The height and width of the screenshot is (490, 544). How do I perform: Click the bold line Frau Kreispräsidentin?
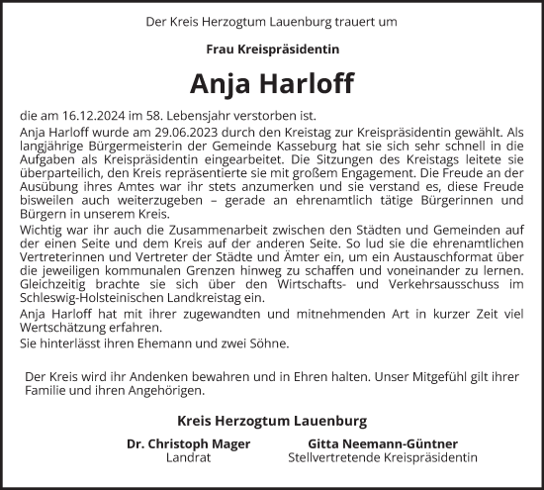point(271,49)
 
